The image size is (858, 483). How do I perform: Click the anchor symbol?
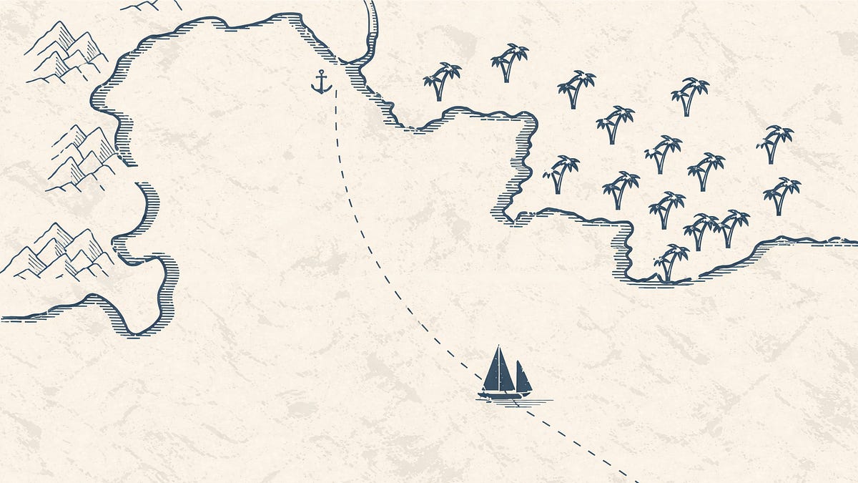[x=322, y=82]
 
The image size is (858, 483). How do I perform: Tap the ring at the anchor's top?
[x=322, y=72]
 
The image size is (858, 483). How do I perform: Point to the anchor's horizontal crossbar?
[x=322, y=77]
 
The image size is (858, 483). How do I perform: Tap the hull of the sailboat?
[x=505, y=394]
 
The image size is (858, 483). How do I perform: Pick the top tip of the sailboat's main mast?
[x=498, y=346]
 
